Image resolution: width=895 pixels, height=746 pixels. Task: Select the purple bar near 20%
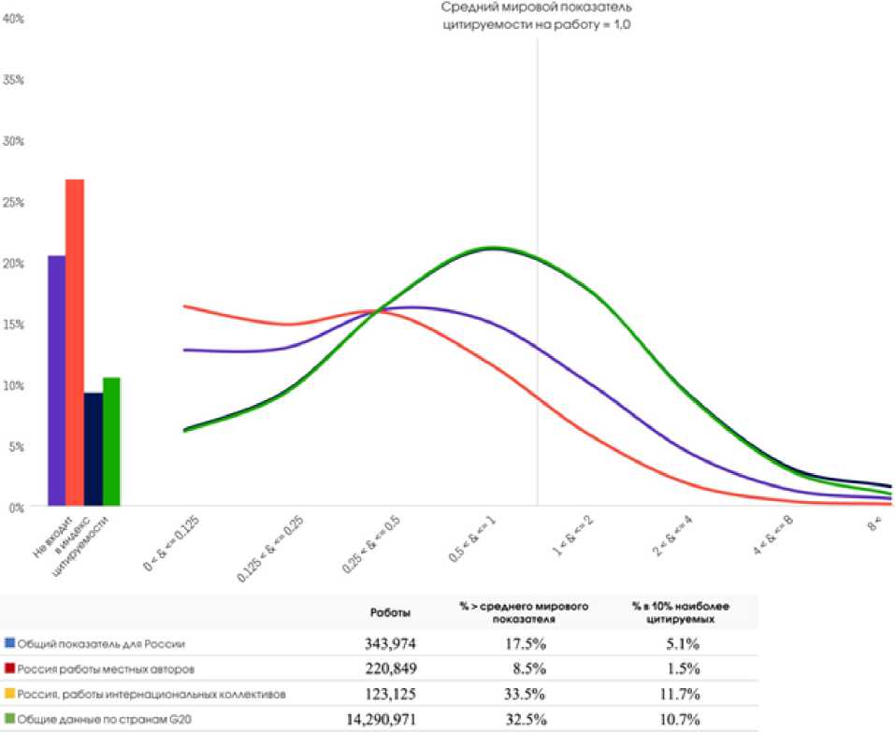(x=57, y=380)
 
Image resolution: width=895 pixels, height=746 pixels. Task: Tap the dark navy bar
(x=94, y=450)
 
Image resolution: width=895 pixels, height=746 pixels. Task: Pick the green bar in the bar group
(x=111, y=442)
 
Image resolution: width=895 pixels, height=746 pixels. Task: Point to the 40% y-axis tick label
(x=14, y=19)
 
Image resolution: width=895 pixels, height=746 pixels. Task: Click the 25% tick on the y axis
(x=14, y=202)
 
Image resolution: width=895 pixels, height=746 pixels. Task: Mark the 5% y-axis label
(x=16, y=447)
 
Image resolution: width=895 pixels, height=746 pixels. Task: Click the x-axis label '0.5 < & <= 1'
(x=472, y=539)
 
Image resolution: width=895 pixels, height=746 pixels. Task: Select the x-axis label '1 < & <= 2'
(x=571, y=535)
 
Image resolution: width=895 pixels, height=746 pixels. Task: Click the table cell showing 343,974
(x=390, y=644)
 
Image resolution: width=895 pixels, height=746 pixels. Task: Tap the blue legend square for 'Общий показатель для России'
(x=9, y=644)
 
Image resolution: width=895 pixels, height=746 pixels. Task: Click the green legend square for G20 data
(x=9, y=720)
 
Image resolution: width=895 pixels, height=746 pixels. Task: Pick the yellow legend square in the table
(x=9, y=695)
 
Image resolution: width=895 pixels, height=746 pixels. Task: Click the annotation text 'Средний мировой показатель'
(x=537, y=8)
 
